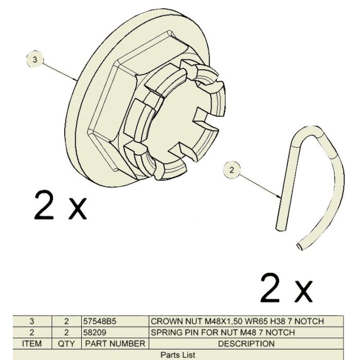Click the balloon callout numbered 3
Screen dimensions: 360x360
coord(34,60)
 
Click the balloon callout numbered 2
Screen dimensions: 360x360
coord(231,170)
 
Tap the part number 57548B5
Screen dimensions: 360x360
coord(100,321)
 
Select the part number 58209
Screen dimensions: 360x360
coord(95,332)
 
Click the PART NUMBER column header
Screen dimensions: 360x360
coord(115,344)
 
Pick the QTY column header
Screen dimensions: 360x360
coord(66,344)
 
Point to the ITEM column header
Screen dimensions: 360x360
coord(32,344)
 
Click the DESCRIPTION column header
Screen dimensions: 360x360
coord(246,344)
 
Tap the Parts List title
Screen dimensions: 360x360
coord(178,355)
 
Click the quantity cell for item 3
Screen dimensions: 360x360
coord(66,321)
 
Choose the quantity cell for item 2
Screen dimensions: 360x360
coord(66,332)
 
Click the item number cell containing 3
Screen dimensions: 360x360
coord(32,321)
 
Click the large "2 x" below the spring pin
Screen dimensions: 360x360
coord(286,287)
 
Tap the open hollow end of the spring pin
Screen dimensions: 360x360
coord(300,247)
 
